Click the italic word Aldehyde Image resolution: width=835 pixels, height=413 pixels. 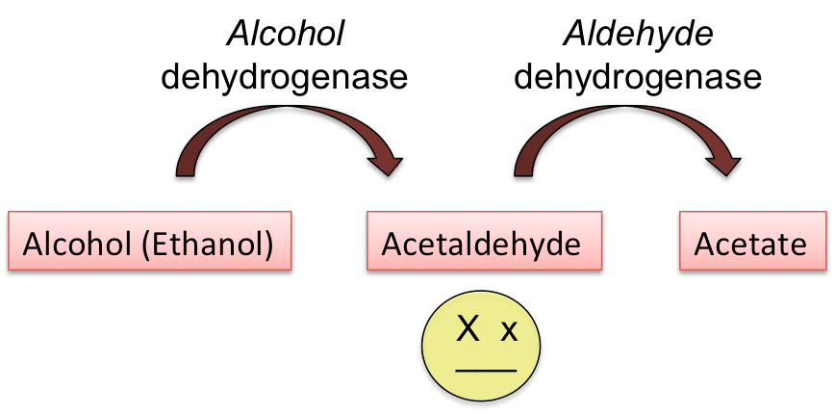click(637, 36)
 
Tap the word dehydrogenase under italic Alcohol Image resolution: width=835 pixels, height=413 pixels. click(284, 77)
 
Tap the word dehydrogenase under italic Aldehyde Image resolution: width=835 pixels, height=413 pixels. click(637, 77)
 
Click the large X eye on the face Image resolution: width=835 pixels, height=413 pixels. click(468, 330)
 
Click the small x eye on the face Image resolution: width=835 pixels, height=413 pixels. click(509, 333)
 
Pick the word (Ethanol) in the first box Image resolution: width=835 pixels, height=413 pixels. click(208, 245)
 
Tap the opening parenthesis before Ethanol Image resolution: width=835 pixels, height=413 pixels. click(145, 245)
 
